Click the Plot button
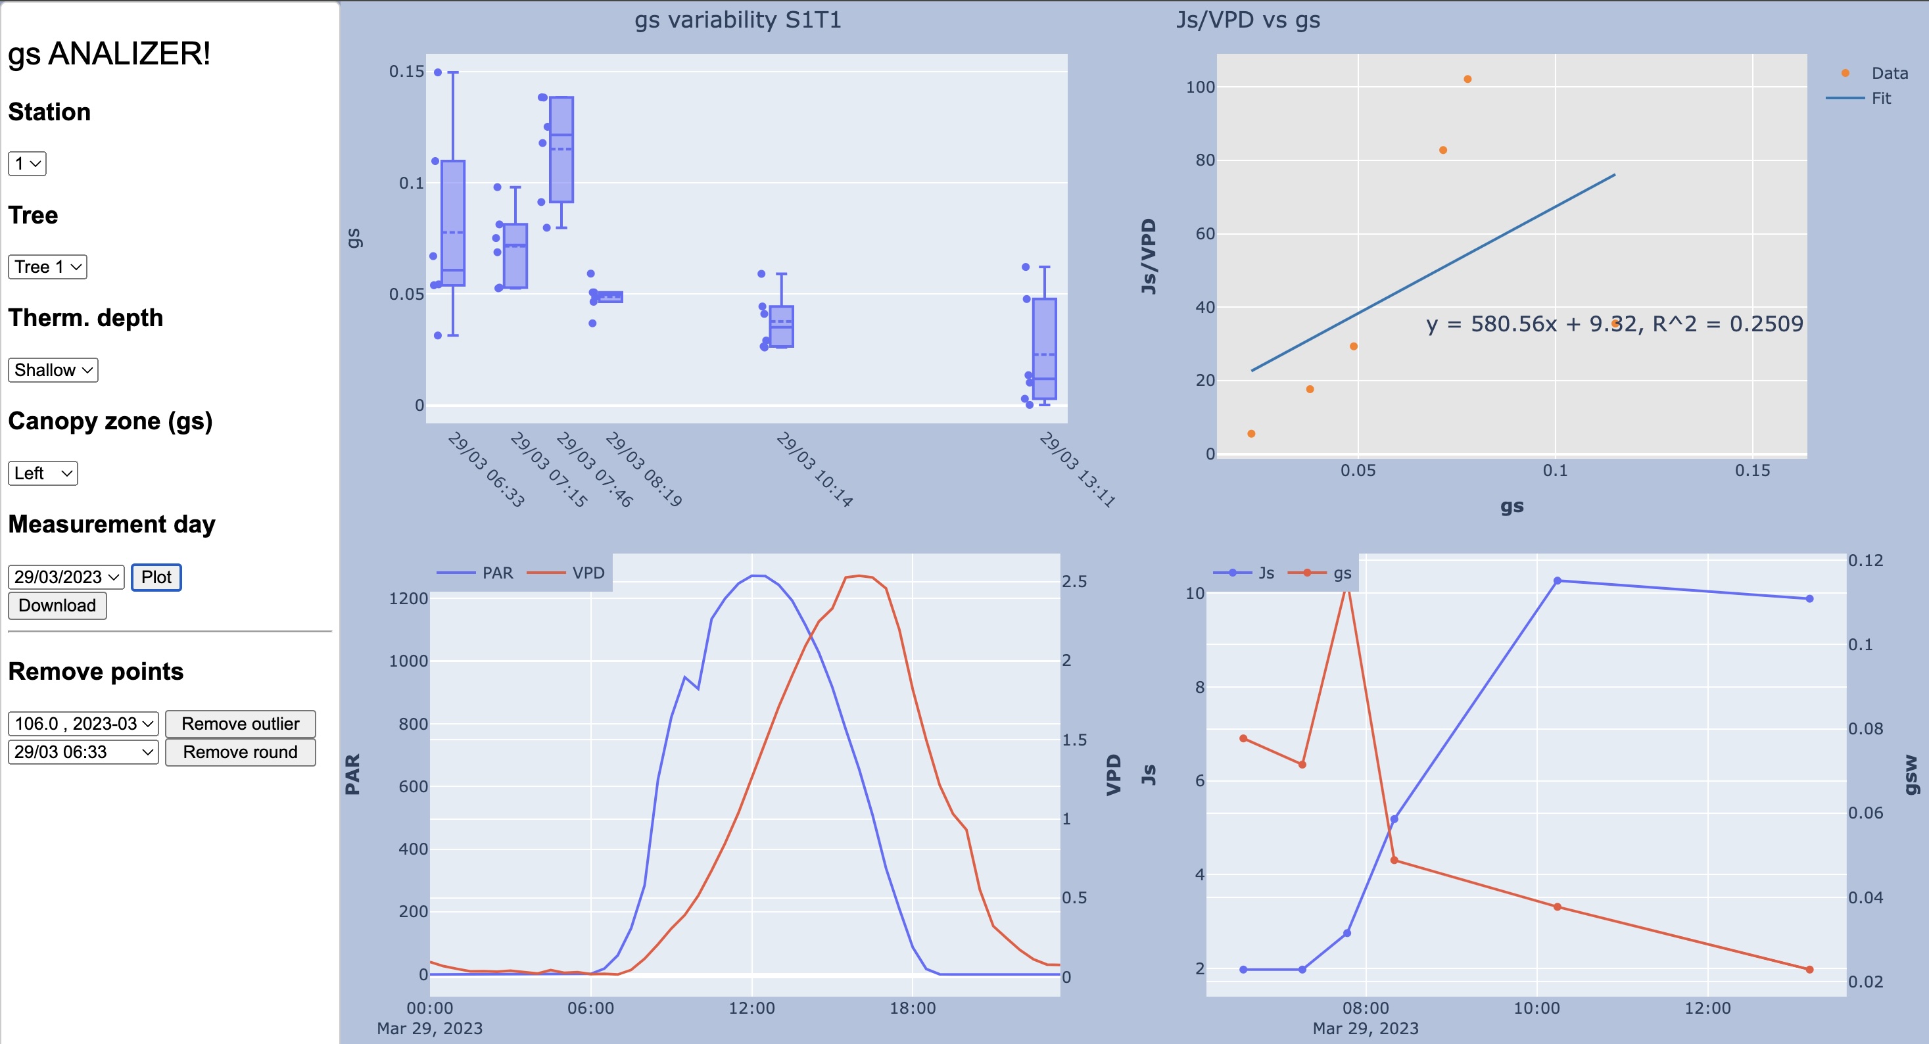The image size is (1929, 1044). (156, 577)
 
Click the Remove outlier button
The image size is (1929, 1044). (241, 723)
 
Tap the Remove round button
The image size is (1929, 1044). (241, 752)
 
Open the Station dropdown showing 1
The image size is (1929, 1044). (27, 163)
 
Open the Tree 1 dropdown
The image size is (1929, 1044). (47, 267)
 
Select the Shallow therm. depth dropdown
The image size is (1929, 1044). (53, 370)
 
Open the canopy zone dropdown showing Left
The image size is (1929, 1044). (43, 473)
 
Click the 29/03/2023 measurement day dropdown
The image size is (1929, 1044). (66, 577)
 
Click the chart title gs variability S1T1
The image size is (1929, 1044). (738, 20)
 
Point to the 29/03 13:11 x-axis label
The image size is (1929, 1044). (1078, 469)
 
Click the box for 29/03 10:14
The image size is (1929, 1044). (782, 327)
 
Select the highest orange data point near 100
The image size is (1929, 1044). (1467, 80)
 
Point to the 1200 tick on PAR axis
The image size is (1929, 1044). (408, 598)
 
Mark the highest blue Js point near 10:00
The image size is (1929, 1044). (1558, 581)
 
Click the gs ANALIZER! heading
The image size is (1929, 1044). (109, 54)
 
